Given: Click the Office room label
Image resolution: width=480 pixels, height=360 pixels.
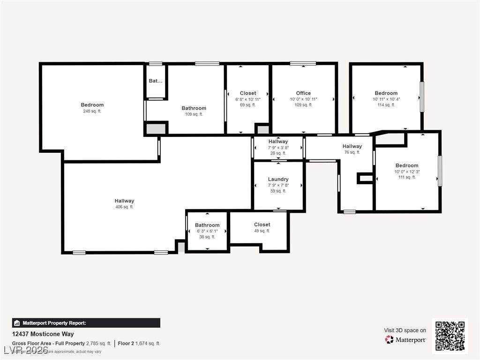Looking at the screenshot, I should point(303,93).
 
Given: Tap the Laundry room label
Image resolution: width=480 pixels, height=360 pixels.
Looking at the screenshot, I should point(278,179).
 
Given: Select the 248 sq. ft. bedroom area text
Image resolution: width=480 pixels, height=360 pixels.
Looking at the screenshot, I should point(92,112).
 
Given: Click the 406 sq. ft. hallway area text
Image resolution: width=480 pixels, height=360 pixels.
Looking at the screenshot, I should point(124,207).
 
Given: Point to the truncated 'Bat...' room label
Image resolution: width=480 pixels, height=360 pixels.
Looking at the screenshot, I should point(156,81).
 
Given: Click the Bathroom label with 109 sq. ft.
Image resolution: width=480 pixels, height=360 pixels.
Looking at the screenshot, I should point(194,108).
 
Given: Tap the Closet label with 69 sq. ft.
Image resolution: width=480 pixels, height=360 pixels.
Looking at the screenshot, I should point(248,93).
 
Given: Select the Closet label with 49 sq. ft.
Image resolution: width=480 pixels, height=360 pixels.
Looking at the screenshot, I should point(262,225).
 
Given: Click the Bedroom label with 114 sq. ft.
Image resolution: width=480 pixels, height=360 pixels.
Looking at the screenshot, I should point(386,93).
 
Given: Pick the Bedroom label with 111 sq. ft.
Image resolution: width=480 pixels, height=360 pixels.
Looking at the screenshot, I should point(406,165).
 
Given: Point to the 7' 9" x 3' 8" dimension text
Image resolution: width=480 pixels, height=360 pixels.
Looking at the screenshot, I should point(278,148).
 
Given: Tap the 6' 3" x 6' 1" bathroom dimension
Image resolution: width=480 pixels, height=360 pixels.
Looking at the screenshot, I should point(207,231).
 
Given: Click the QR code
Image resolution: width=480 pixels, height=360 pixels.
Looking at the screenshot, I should point(450,336).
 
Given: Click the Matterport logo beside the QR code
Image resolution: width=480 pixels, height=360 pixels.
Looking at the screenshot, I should point(405,339).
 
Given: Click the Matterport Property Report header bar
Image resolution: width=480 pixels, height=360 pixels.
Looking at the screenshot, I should point(86,323).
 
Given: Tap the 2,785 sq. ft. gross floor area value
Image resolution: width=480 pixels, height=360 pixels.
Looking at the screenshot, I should point(99,344).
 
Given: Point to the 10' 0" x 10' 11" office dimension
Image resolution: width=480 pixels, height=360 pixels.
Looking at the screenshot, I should point(303,99).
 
